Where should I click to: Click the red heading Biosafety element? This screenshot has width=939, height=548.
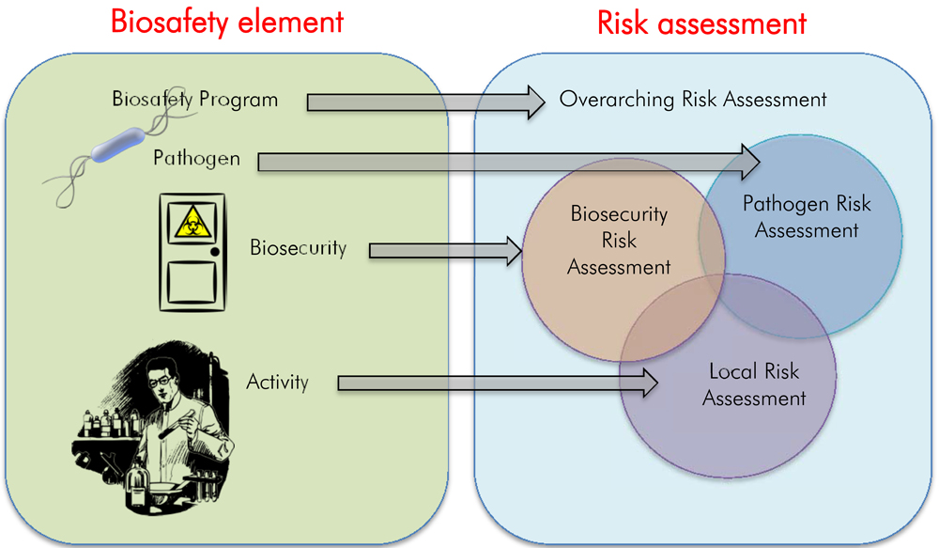[x=227, y=21]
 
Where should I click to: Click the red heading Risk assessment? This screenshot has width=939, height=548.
[x=701, y=21]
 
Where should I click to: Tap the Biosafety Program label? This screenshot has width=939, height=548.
[x=194, y=99]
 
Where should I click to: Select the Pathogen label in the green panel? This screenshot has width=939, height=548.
[x=196, y=159]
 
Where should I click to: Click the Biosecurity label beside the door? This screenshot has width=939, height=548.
[x=298, y=248]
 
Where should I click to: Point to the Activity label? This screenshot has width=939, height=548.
[x=277, y=382]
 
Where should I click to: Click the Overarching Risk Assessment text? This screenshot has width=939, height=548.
[x=693, y=99]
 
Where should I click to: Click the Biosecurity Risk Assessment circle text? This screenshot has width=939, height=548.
[x=619, y=241]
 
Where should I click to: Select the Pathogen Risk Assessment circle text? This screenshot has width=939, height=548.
[x=807, y=216]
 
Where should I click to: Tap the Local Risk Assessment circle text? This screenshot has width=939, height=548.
[x=753, y=384]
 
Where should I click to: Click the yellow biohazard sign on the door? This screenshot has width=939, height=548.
[x=191, y=224]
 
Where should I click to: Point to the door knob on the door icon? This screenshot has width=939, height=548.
[x=215, y=252]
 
